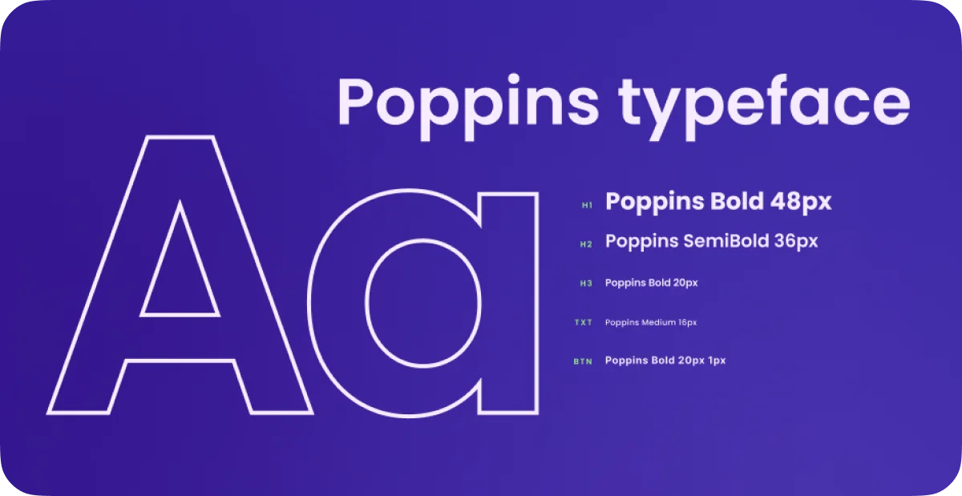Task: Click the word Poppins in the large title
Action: point(468,107)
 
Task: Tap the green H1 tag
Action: point(587,205)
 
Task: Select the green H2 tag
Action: point(586,244)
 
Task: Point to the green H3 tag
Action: point(586,284)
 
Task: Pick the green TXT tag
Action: point(584,322)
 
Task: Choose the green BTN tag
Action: point(583,361)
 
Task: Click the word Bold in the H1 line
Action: point(737,201)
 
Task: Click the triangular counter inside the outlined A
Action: point(180,275)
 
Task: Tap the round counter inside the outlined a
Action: point(423,303)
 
